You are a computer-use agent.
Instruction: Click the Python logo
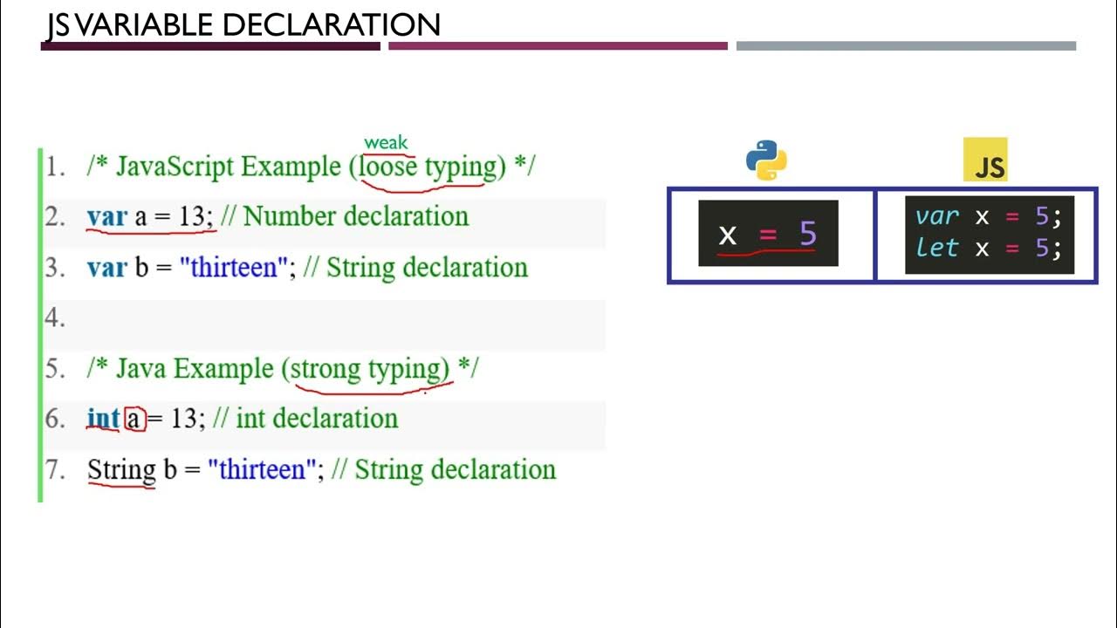(766, 160)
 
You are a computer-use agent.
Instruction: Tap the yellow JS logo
(985, 160)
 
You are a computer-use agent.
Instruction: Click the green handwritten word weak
(386, 142)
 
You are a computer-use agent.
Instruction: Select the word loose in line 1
(388, 166)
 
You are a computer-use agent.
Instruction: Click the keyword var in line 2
(106, 216)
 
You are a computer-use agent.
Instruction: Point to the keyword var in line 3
(106, 267)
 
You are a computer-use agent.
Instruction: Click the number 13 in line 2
(191, 216)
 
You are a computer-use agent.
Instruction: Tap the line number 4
(55, 318)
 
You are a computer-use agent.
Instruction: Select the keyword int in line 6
(103, 419)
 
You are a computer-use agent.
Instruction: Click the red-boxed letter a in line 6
(134, 420)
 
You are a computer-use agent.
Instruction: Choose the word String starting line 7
(121, 470)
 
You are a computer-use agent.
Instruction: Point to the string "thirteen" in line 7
(262, 470)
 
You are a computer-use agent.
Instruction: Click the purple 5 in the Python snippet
(807, 234)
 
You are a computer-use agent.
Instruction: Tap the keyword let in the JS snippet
(937, 248)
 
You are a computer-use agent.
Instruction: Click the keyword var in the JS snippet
(937, 216)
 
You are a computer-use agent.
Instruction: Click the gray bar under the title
(906, 46)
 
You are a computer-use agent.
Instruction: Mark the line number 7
(55, 470)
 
